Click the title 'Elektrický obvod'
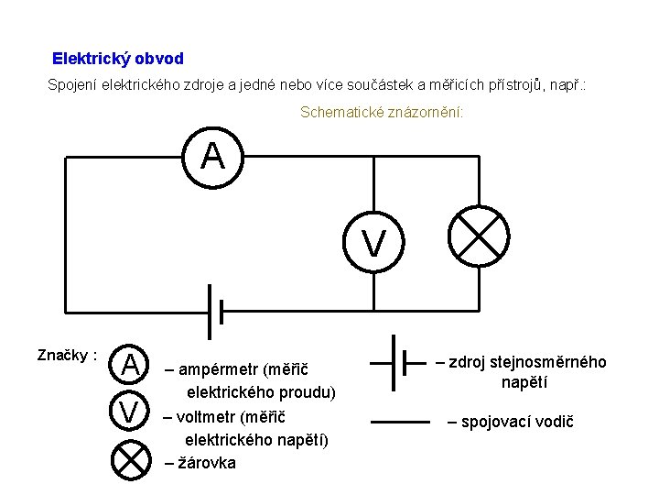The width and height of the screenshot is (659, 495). pyautogui.click(x=118, y=59)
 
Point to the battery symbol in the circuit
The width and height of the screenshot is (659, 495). pyautogui.click(x=215, y=312)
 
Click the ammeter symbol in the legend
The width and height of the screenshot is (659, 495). pyautogui.click(x=132, y=365)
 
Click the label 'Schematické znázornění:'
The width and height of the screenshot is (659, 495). pyautogui.click(x=382, y=113)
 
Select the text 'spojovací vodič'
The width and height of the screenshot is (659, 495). pyautogui.click(x=510, y=422)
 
